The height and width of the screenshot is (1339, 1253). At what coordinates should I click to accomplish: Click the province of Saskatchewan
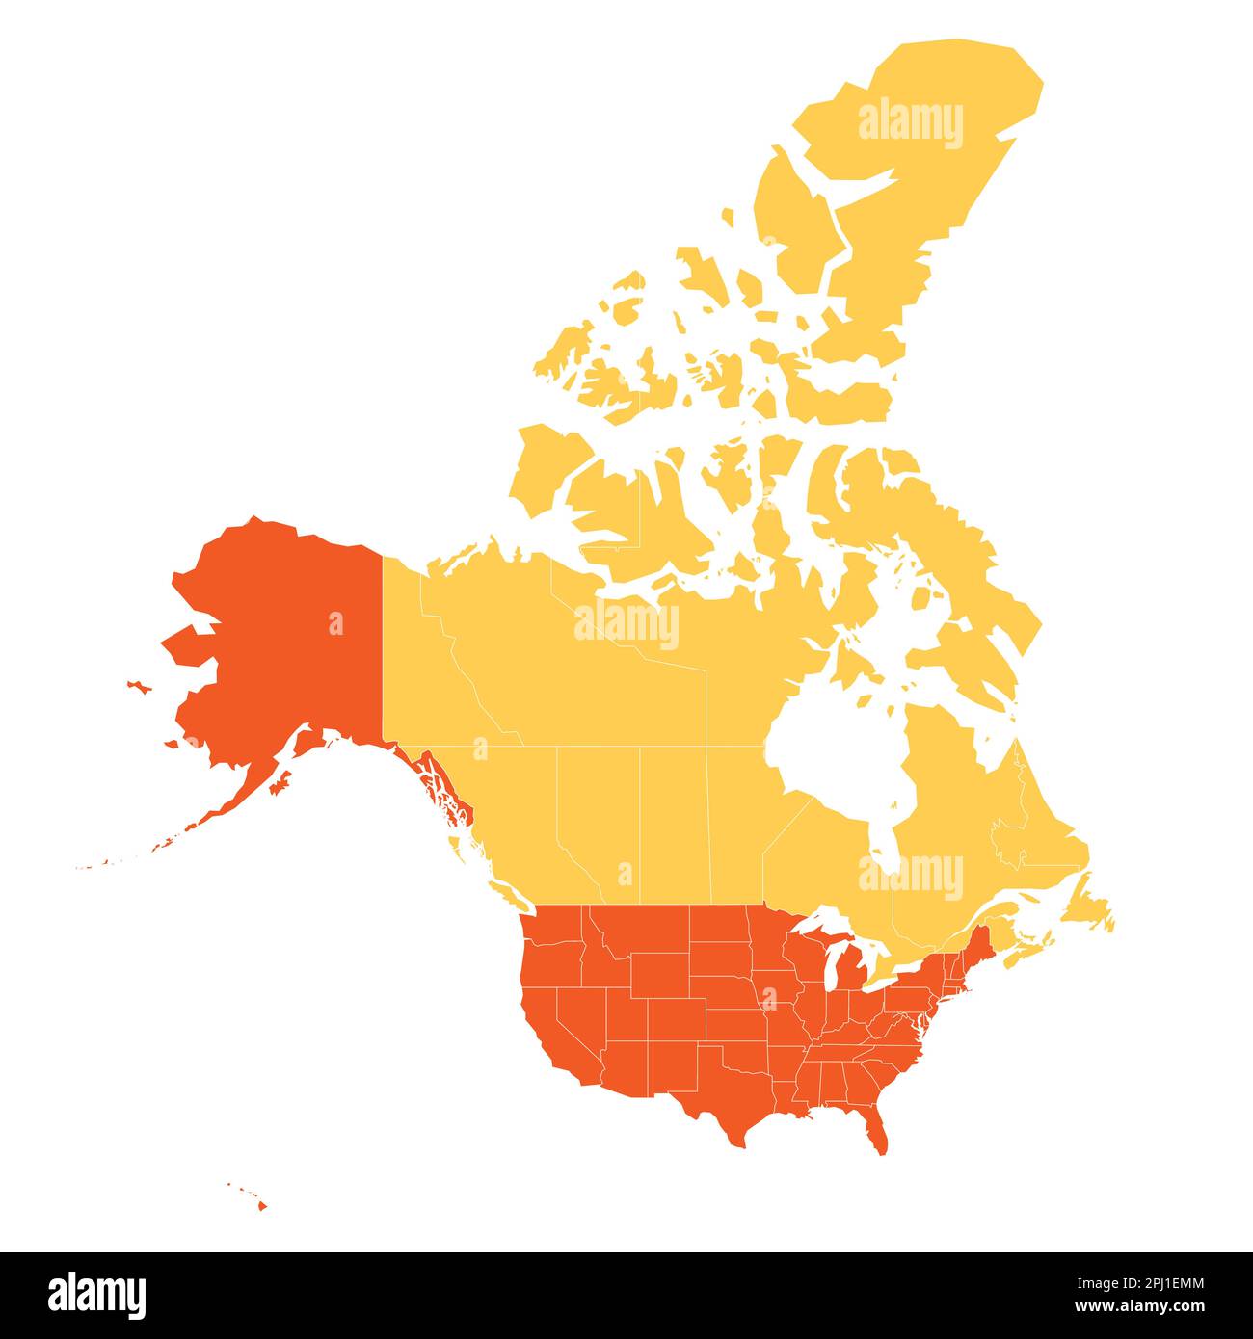pos(675,819)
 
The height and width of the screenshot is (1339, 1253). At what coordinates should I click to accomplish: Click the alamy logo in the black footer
pos(96,1295)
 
